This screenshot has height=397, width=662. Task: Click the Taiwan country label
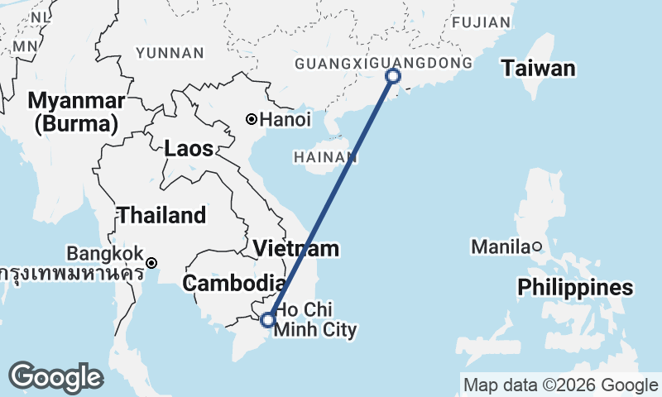tap(538, 68)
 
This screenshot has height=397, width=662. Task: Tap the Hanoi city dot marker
tap(252, 119)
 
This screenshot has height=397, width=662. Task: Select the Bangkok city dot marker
tap(151, 263)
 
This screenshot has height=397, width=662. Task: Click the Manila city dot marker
tap(536, 246)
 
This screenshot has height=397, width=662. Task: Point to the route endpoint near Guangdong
tap(393, 76)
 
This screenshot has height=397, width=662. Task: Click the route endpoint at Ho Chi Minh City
tap(267, 319)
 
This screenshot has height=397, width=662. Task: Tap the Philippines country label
tap(575, 287)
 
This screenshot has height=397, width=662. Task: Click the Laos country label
tap(189, 149)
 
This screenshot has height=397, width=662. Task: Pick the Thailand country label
tap(161, 215)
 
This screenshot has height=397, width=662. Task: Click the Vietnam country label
tap(296, 248)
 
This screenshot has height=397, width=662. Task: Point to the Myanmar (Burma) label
tap(76, 112)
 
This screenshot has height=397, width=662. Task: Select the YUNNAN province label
tap(170, 53)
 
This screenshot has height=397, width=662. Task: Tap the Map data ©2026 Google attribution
tap(560, 385)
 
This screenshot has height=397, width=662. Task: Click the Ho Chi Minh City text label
tap(315, 321)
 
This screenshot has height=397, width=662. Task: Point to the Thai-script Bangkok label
tap(70, 272)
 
